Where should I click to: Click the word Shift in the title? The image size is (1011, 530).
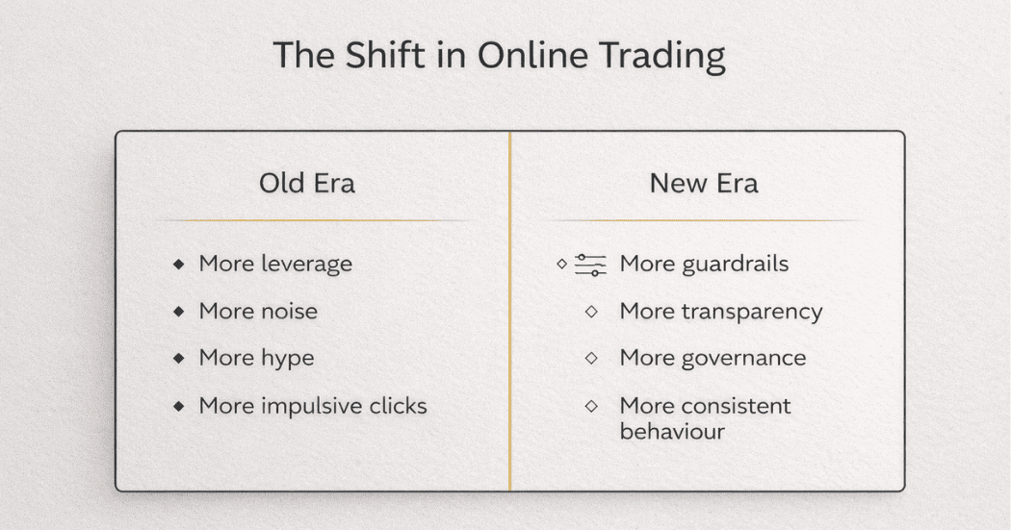click(x=367, y=56)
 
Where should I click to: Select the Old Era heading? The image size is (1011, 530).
click(x=306, y=183)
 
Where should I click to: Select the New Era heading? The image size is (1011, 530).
click(x=703, y=183)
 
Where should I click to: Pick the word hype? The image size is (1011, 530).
click(x=287, y=359)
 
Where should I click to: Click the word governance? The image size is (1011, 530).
click(x=744, y=359)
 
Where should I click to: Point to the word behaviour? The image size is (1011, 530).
click(x=671, y=430)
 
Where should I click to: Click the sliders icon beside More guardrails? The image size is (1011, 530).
click(x=590, y=265)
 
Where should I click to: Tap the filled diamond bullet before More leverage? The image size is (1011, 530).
click(x=178, y=265)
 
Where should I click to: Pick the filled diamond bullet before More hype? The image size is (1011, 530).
click(x=178, y=359)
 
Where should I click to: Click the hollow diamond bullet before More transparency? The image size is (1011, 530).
click(x=591, y=312)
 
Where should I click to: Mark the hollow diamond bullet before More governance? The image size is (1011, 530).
click(x=591, y=359)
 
